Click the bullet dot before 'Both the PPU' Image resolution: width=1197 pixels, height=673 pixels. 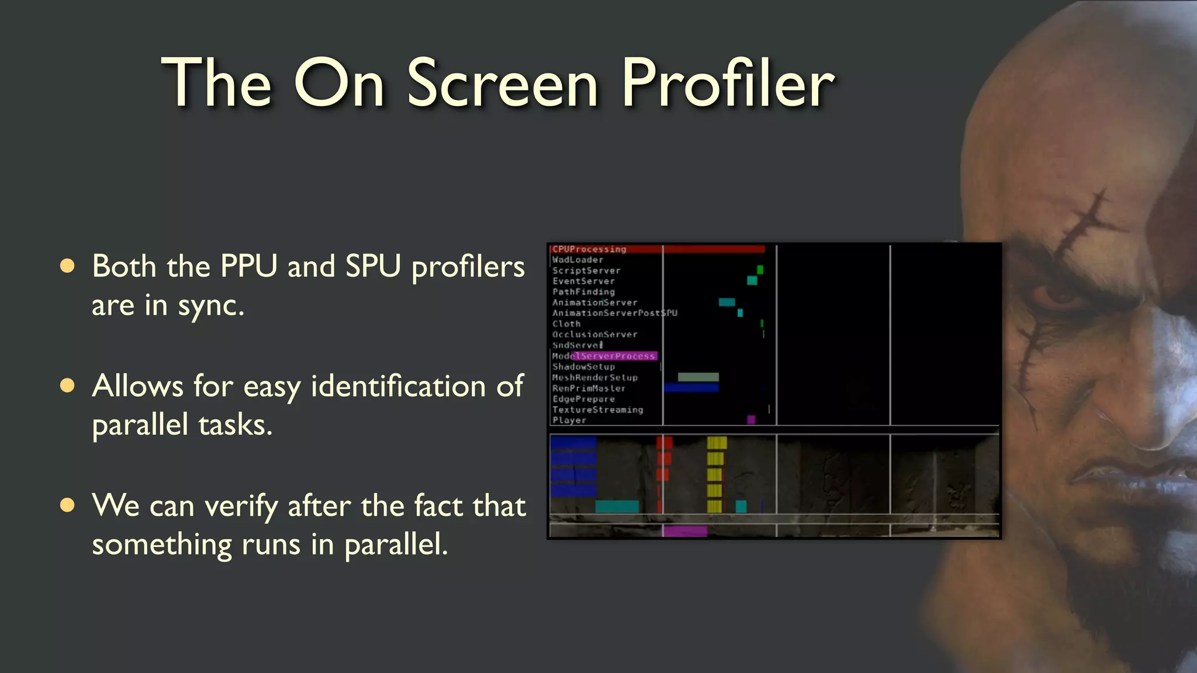coord(68,266)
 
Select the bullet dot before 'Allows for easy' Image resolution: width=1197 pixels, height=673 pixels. coord(68,386)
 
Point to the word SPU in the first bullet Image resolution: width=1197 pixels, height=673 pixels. coord(373,266)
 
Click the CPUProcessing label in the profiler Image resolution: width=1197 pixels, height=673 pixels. coord(589,249)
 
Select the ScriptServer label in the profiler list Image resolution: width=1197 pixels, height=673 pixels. coord(586,270)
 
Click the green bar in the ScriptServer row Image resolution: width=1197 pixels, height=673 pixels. coord(760,270)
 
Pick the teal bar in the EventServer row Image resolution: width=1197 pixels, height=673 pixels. coord(752,280)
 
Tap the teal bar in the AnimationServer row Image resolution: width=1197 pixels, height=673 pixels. coord(726,302)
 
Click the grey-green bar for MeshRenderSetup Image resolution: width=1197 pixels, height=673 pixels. coord(698,377)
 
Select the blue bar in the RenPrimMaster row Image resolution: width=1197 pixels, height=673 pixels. coord(691,388)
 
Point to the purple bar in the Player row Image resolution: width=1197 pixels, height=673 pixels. coord(751,419)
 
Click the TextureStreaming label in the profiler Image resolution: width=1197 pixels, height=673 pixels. coord(598,410)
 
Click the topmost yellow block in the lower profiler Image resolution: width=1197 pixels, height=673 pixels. coord(717,443)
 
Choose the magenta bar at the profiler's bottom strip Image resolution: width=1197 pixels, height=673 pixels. coord(685,531)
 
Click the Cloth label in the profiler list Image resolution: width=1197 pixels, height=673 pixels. coord(566,324)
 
